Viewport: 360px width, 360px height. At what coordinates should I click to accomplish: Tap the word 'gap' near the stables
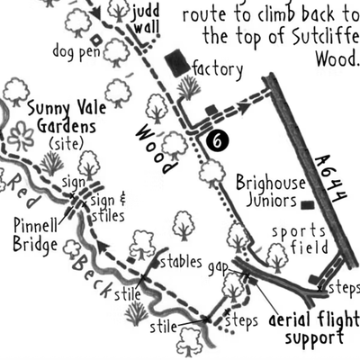coord(217,269)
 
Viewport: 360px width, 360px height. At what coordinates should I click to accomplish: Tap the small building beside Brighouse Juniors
coord(308,206)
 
